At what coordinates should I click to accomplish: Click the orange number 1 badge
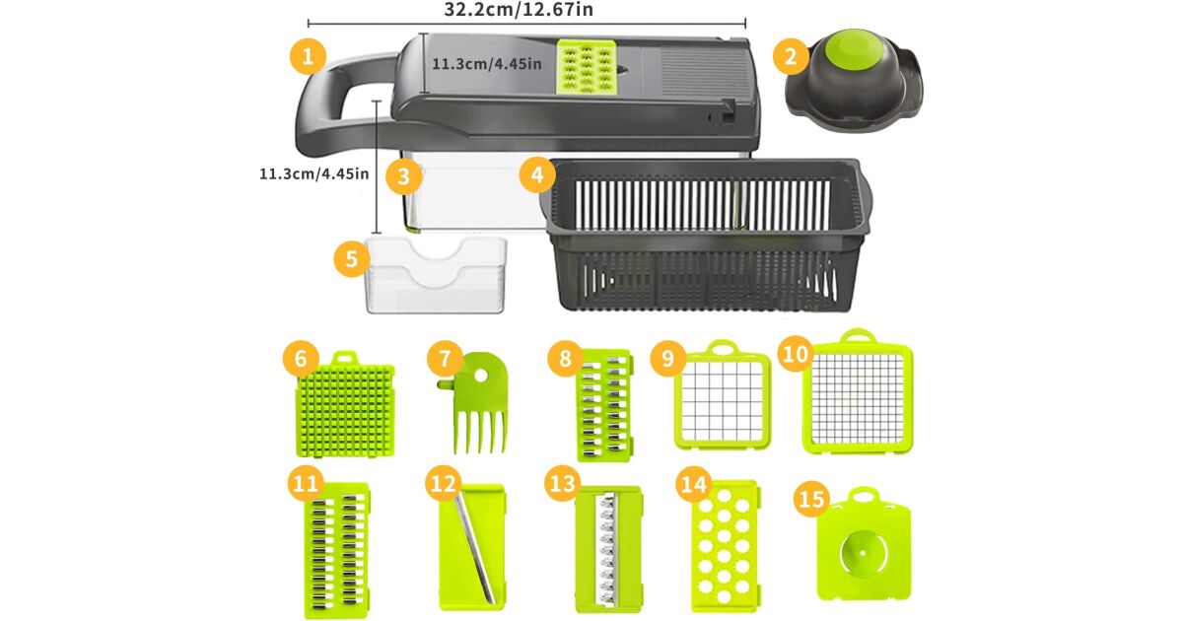pos(308,56)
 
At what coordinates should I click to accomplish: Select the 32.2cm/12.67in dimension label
pos(519,9)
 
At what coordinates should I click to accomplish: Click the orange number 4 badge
pos(537,173)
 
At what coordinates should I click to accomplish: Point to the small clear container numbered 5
pos(436,275)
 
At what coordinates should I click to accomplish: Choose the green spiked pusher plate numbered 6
pos(345,405)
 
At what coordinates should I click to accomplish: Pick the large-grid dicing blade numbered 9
pos(723,395)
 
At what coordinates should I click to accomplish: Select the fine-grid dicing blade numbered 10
pos(858,392)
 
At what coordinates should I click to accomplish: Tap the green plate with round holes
pos(725,546)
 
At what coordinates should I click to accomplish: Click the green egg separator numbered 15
pos(863,545)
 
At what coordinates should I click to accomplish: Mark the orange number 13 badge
pos(562,483)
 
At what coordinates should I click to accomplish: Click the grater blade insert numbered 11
pos(336,550)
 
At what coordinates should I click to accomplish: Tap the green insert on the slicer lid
pos(587,68)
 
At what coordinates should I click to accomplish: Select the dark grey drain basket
pos(705,234)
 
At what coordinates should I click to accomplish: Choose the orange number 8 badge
pos(565,358)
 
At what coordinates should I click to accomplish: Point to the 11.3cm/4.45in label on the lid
pos(486,64)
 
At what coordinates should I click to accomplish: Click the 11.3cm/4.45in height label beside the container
pos(314,173)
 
